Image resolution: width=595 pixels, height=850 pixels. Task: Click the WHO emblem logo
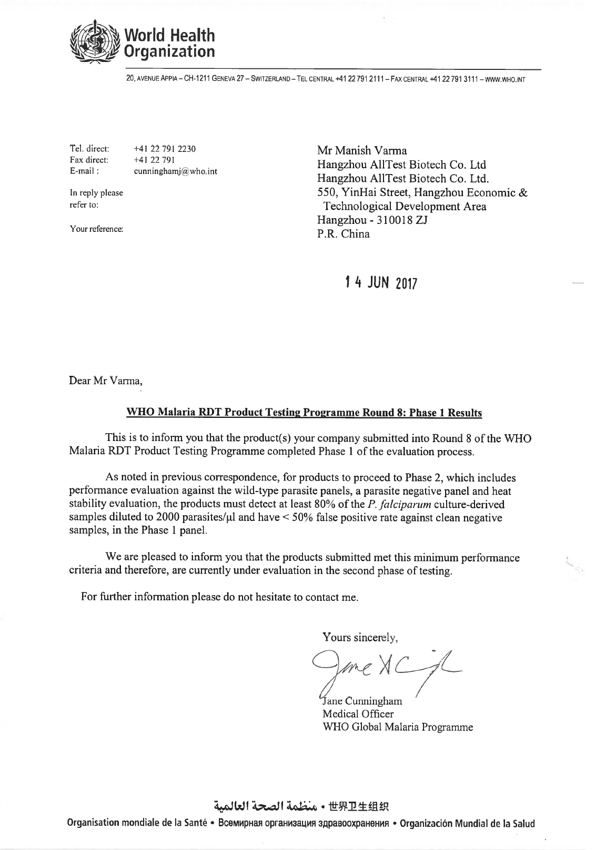tap(97, 42)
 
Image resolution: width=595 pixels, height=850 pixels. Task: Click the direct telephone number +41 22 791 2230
tap(165, 149)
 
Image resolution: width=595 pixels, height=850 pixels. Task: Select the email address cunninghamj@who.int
tap(176, 171)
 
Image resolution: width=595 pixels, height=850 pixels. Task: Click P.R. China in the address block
tap(343, 234)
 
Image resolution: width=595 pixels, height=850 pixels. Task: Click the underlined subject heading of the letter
tap(304, 413)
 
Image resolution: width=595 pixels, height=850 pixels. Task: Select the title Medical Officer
tap(358, 714)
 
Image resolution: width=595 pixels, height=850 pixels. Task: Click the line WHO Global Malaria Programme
tap(397, 728)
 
